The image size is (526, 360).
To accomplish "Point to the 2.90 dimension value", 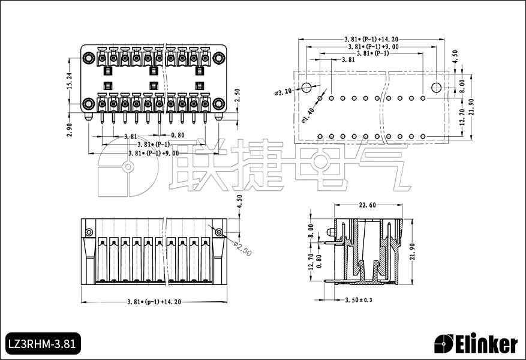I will (69, 129).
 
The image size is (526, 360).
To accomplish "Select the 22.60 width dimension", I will (367, 205).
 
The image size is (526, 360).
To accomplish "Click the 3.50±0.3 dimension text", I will (358, 299).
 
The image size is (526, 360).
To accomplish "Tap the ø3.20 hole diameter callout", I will (282, 92).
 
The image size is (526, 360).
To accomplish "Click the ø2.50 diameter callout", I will (242, 248).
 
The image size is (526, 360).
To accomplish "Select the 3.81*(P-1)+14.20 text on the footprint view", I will (371, 38).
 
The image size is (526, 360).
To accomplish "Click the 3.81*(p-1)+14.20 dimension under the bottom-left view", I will (154, 302).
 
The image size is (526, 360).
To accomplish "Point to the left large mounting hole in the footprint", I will (306, 88).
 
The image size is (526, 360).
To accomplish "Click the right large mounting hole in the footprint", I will (436, 88).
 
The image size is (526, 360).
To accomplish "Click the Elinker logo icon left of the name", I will (444, 344).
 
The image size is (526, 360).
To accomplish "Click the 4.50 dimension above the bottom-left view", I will (239, 202).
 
